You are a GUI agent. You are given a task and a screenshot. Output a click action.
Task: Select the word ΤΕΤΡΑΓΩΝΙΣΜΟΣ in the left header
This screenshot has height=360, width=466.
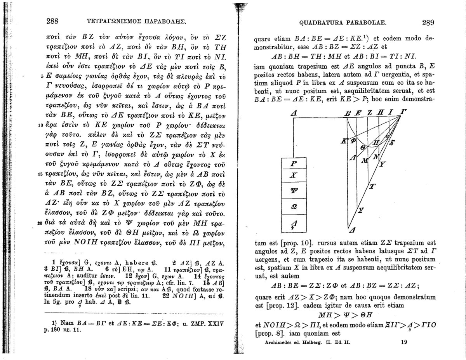point(110,22)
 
